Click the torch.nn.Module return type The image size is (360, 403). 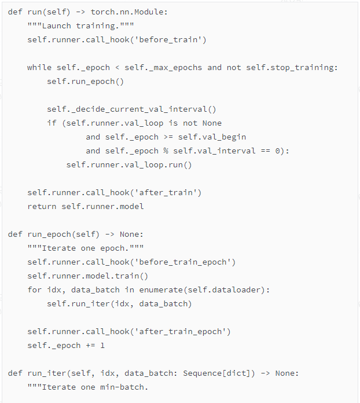point(128,12)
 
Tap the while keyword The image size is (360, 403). point(39,68)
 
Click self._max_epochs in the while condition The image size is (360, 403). point(163,68)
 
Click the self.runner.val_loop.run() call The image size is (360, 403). point(128,165)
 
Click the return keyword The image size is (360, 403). point(42,207)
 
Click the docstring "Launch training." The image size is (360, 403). point(80,26)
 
